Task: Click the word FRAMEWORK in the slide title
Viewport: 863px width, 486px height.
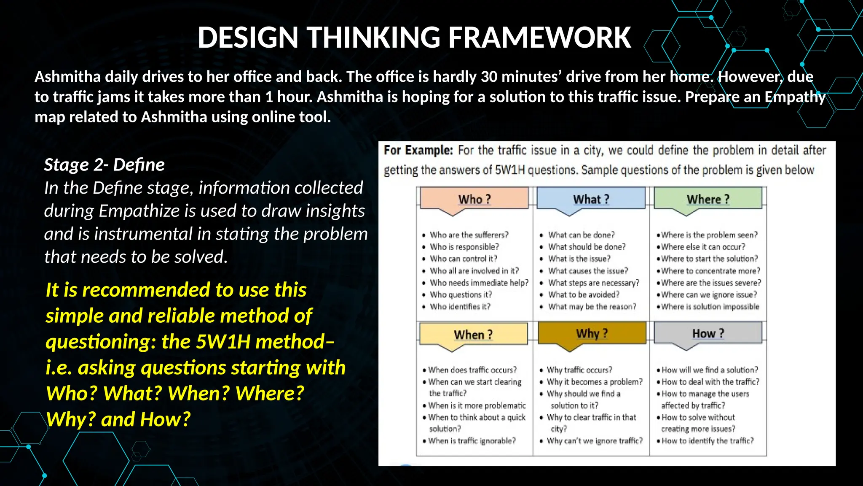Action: pyautogui.click(x=539, y=38)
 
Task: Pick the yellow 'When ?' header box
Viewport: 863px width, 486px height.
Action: pyautogui.click(x=473, y=335)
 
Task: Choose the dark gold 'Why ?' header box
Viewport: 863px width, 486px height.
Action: pyautogui.click(x=592, y=333)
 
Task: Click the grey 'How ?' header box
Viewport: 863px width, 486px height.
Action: pyautogui.click(x=708, y=333)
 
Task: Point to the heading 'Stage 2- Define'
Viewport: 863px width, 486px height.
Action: pyautogui.click(x=104, y=165)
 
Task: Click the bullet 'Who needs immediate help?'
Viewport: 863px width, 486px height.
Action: pyautogui.click(x=479, y=283)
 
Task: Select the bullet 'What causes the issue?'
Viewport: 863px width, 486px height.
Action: pyautogui.click(x=587, y=271)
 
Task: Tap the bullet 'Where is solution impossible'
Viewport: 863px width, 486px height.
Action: pyautogui.click(x=710, y=307)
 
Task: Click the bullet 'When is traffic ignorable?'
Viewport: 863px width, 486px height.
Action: pyautogui.click(x=472, y=441)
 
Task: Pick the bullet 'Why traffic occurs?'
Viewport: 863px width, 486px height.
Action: pyautogui.click(x=579, y=370)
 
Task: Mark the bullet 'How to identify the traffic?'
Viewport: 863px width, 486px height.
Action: pyautogui.click(x=708, y=441)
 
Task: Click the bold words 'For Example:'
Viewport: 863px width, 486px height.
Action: pyautogui.click(x=418, y=150)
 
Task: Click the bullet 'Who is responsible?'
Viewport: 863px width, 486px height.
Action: pyautogui.click(x=464, y=247)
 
